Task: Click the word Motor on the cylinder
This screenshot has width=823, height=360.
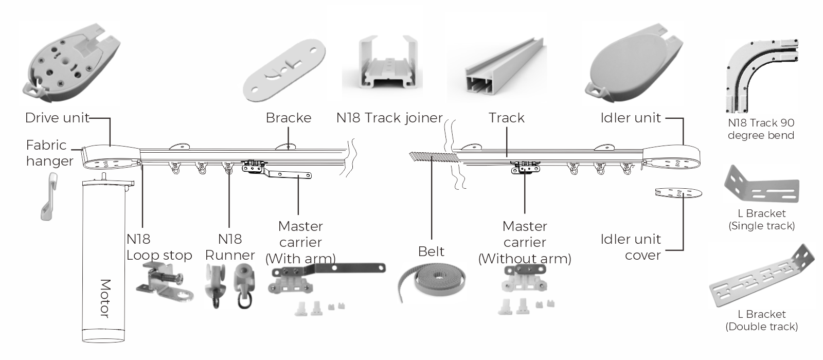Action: click(105, 299)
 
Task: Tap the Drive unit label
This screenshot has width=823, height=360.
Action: click(57, 118)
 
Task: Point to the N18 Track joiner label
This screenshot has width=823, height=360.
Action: click(389, 118)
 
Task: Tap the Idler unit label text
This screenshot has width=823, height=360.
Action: click(631, 118)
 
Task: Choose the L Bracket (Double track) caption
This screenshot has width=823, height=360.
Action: click(761, 320)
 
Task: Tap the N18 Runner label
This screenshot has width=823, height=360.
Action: click(229, 247)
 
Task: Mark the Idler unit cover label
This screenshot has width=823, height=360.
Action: click(631, 247)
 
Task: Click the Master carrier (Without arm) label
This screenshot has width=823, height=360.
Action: click(525, 242)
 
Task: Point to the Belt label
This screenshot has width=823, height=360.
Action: click(431, 251)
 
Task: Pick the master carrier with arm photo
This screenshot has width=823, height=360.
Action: click(324, 280)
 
